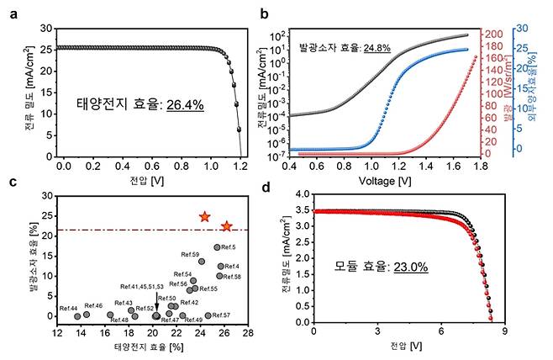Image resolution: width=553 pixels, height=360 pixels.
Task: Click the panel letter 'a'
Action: click(12, 13)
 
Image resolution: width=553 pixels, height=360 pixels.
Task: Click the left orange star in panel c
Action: click(204, 217)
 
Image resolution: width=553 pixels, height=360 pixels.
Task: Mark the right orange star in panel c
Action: click(226, 226)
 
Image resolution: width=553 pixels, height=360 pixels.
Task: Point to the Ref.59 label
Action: click(190, 254)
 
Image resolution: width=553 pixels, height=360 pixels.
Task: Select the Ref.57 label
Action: click(222, 315)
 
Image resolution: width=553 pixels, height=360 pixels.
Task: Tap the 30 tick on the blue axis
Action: click(522, 28)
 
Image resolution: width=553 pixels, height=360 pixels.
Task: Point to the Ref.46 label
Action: click(93, 305)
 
